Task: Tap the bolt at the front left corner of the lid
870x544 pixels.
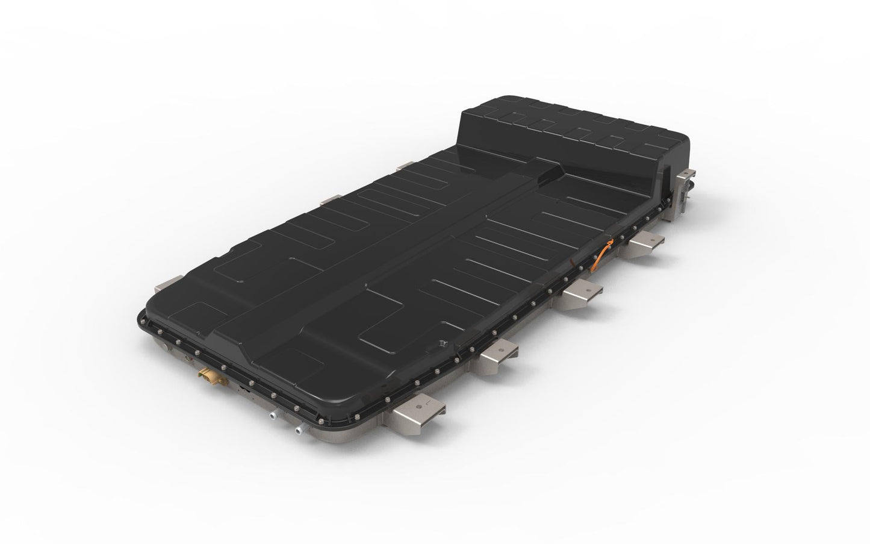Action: (150, 325)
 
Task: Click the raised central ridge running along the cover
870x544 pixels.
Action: (385, 253)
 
